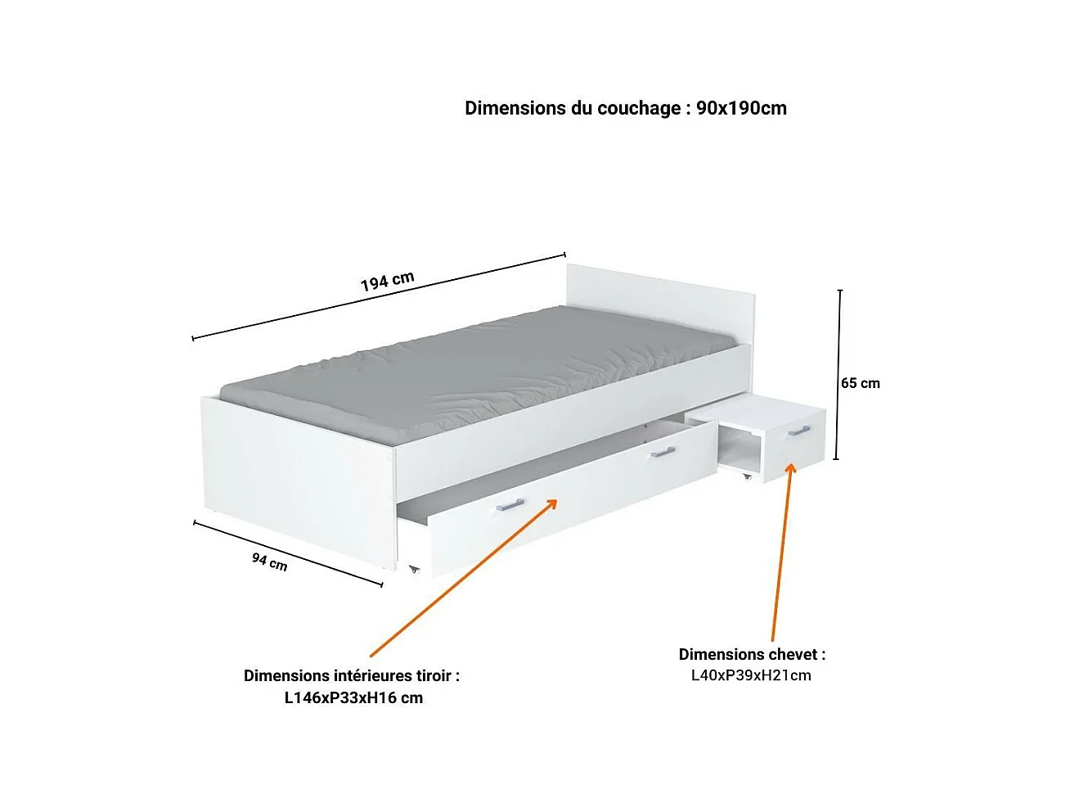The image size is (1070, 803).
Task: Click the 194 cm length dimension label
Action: pyautogui.click(x=387, y=281)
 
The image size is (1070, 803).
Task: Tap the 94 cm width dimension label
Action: pyautogui.click(x=269, y=562)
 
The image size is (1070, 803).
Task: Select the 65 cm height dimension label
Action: pyautogui.click(x=861, y=383)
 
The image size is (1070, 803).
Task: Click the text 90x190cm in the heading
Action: pyautogui.click(x=741, y=108)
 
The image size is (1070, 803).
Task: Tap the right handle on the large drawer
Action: pyautogui.click(x=662, y=452)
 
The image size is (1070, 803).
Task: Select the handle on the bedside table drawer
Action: pyautogui.click(x=798, y=431)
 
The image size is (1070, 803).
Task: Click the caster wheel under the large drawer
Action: pyautogui.click(x=414, y=569)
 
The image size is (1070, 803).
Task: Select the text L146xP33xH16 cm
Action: pyautogui.click(x=353, y=698)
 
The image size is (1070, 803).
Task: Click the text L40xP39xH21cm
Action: pyautogui.click(x=751, y=675)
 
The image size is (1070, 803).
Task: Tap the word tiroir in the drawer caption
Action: pyautogui.click(x=434, y=676)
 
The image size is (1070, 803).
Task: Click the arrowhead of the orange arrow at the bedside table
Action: pyautogui.click(x=790, y=469)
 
